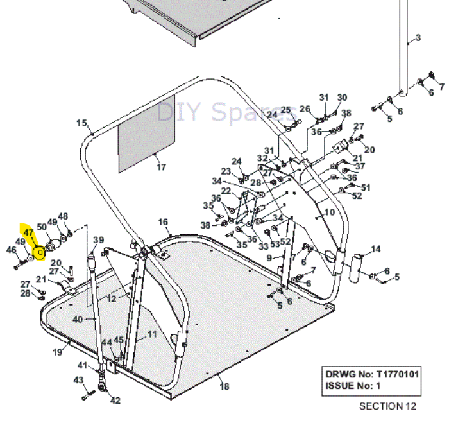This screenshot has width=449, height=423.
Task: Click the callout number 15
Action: pyautogui.click(x=81, y=123)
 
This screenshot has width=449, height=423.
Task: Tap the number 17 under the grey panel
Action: pyautogui.click(x=161, y=168)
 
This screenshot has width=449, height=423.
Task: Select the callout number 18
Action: pyautogui.click(x=224, y=386)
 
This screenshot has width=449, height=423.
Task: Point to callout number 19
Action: pyautogui.click(x=57, y=351)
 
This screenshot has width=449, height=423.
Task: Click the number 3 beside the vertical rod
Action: pyautogui.click(x=418, y=38)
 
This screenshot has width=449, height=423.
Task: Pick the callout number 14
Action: pyautogui.click(x=376, y=249)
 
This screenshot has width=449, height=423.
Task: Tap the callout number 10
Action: pyautogui.click(x=330, y=212)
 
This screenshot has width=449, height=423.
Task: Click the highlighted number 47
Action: pyautogui.click(x=28, y=232)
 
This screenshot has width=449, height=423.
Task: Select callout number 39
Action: pyautogui.click(x=98, y=241)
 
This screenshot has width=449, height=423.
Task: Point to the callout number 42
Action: pyautogui.click(x=115, y=401)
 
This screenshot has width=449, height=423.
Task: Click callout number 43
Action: pyautogui.click(x=78, y=380)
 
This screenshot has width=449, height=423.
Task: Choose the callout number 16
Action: pyautogui.click(x=164, y=222)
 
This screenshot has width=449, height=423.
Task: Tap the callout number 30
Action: pyautogui.click(x=342, y=98)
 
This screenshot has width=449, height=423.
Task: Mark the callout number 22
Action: pyautogui.click(x=226, y=191)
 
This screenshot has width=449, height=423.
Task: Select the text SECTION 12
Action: pyautogui.click(x=387, y=406)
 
